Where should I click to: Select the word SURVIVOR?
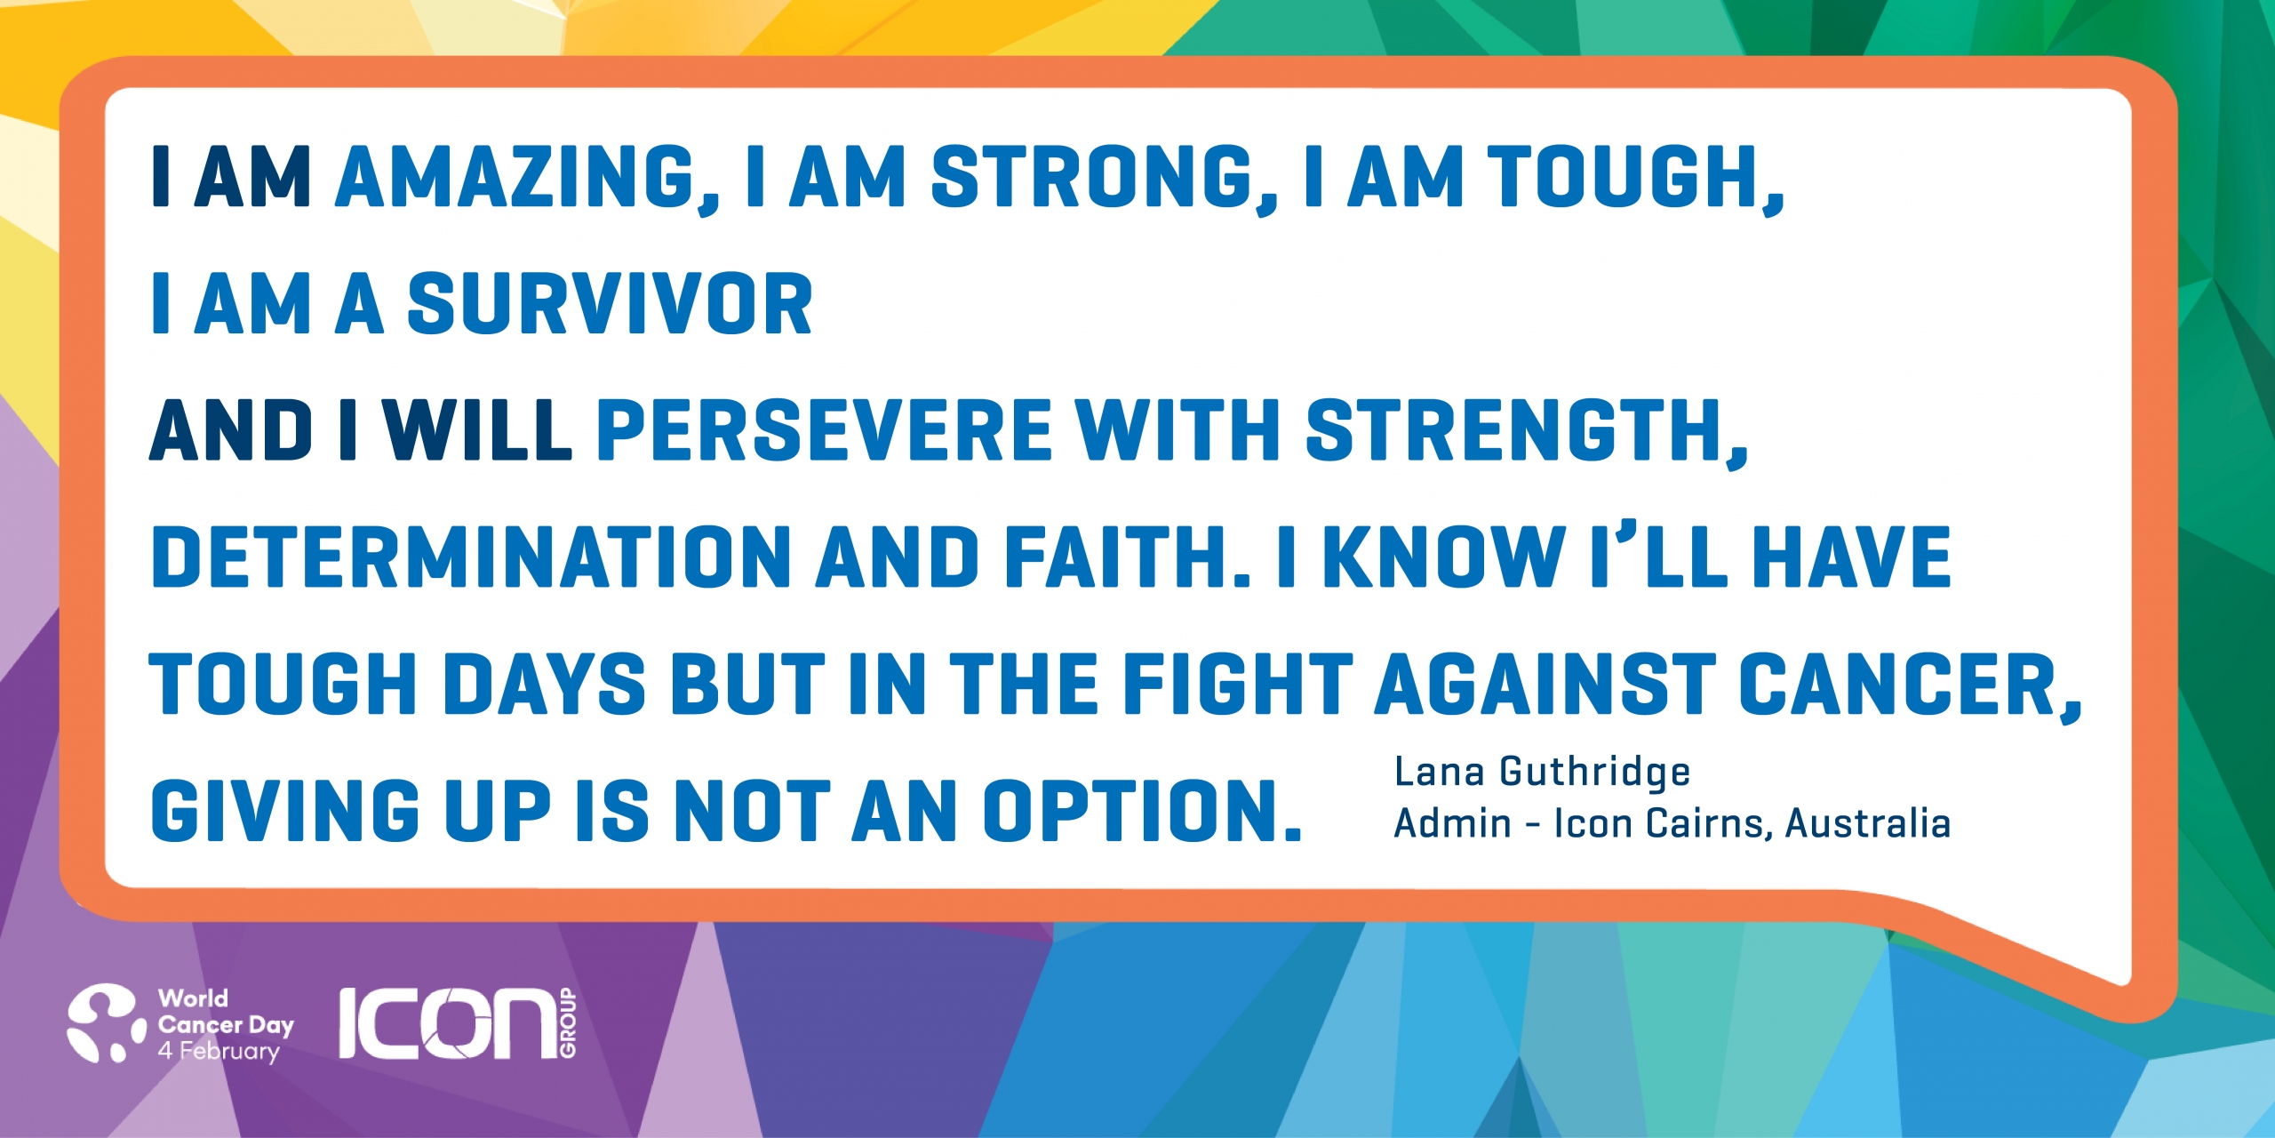click(x=610, y=304)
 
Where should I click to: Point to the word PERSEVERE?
click(x=825, y=430)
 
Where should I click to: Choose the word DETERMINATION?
click(x=471, y=557)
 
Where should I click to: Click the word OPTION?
click(x=1142, y=810)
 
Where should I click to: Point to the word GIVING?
click(x=285, y=810)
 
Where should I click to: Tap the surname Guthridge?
click(x=1595, y=773)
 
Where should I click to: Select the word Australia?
click(x=1867, y=823)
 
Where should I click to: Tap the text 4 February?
click(x=219, y=1052)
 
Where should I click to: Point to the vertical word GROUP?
click(x=568, y=1023)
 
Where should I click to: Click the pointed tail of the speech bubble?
click(x=2124, y=978)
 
